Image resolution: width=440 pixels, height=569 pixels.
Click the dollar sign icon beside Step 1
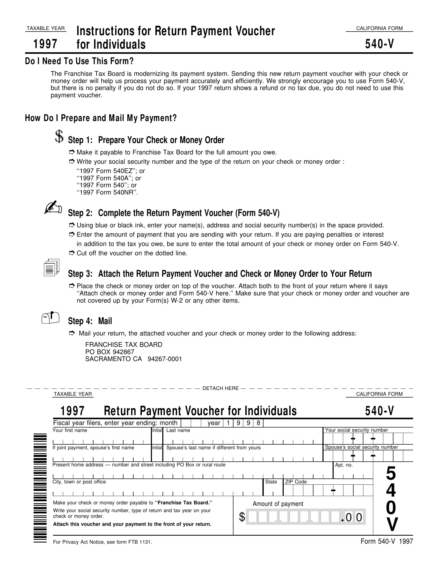[x=59, y=137]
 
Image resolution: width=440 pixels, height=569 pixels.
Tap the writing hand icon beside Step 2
[x=53, y=207]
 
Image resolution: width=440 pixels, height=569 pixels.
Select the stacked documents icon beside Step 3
[x=52, y=268]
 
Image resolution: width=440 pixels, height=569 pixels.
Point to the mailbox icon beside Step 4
[x=50, y=317]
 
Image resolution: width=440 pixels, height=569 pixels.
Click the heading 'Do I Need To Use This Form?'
[x=79, y=61]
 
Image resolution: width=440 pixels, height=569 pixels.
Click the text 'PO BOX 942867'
[x=110, y=352]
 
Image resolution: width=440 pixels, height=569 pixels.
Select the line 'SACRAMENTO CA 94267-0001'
[x=134, y=359]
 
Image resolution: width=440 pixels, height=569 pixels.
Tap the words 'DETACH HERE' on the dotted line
[x=221, y=388]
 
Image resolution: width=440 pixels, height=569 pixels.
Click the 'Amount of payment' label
[x=278, y=504]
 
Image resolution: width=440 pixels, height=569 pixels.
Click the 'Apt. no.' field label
[x=344, y=465]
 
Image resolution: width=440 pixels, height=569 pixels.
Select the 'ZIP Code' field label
[x=296, y=482]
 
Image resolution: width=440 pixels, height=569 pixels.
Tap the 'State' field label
[x=271, y=482]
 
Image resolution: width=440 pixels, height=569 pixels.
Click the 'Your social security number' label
[x=356, y=430]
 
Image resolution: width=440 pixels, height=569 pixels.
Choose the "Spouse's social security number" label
[x=361, y=447]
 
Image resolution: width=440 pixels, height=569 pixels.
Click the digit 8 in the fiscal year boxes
[x=258, y=423]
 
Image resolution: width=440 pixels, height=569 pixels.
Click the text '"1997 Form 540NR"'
[x=107, y=192]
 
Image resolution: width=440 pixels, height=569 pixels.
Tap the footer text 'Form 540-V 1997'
[x=387, y=541]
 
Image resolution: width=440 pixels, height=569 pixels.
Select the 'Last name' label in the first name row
[x=178, y=430]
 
